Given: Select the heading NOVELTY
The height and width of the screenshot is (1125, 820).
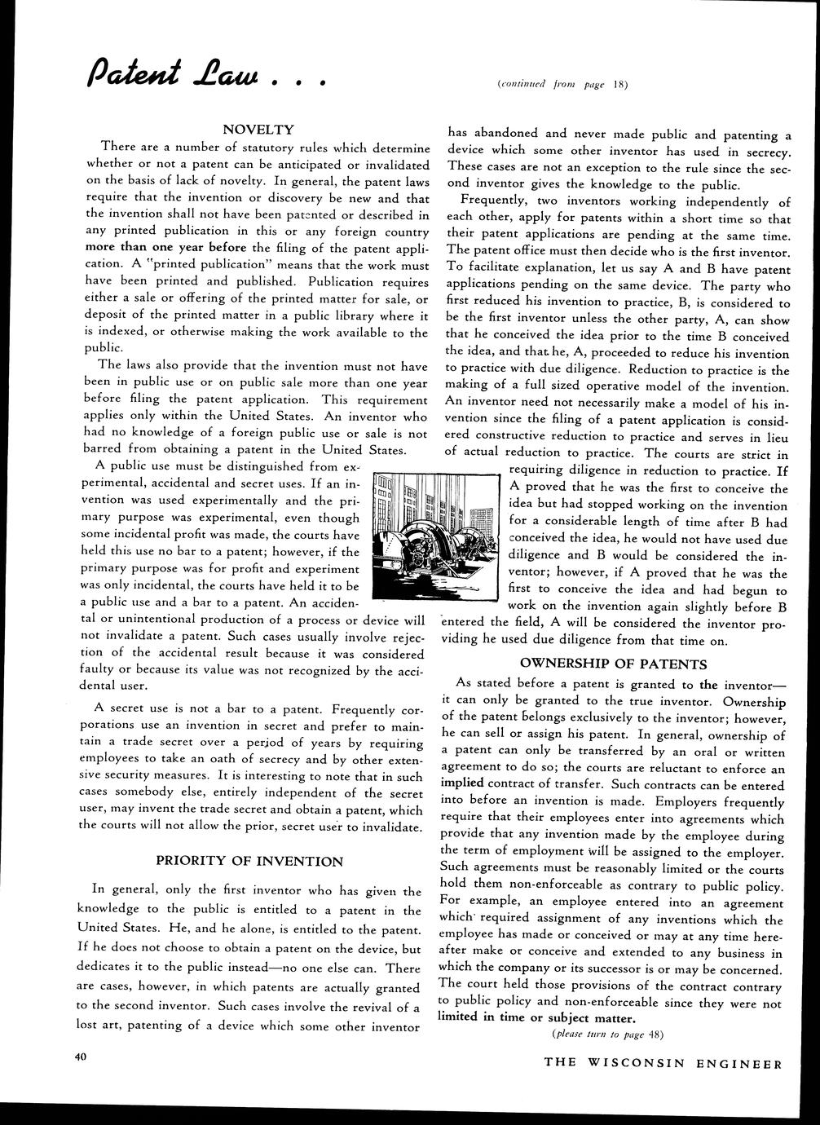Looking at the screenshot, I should click(x=258, y=130).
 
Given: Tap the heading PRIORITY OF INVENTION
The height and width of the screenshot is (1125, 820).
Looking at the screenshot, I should click(x=249, y=860).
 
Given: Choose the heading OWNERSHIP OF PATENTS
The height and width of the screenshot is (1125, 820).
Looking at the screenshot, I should click(x=613, y=664).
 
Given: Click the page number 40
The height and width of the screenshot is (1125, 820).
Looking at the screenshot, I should click(x=79, y=1057).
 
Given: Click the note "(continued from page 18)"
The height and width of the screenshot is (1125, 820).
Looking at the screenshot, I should click(x=562, y=83).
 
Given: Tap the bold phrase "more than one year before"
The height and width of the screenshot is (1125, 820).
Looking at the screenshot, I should click(x=165, y=247).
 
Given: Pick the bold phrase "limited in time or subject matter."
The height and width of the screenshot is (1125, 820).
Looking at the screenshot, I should click(x=536, y=1018).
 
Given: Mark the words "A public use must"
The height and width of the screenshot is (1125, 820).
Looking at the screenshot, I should click(x=150, y=465).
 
